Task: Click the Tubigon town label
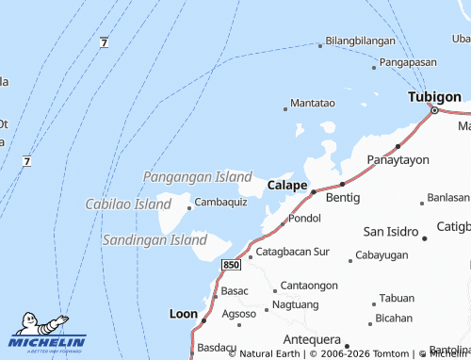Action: (434, 97)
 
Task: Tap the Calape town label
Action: (287, 185)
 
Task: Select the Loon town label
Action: (183, 313)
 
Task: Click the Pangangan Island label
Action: (197, 176)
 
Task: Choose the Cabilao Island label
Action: (128, 204)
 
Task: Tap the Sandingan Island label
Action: (154, 240)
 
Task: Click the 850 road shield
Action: (232, 266)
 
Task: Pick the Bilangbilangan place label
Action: (360, 42)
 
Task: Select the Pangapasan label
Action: (410, 63)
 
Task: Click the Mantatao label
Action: (313, 102)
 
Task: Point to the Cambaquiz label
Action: (220, 202)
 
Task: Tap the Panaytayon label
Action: (395, 160)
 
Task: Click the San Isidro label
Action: (391, 231)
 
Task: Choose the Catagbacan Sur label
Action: (293, 252)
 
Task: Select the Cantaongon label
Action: (309, 285)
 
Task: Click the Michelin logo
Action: (47, 336)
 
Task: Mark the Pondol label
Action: (304, 218)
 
